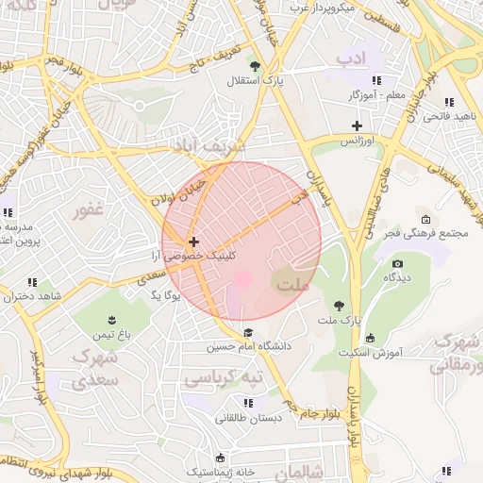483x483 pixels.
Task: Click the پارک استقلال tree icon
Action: click(x=255, y=66)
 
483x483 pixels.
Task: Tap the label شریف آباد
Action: click(x=208, y=146)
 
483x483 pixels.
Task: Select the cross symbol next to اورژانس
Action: click(x=357, y=125)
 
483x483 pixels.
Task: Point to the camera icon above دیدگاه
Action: click(x=397, y=263)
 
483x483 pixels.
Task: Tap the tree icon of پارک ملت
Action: click(x=339, y=305)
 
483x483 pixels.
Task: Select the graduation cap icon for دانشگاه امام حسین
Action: click(x=248, y=331)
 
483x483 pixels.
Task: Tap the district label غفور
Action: click(x=94, y=209)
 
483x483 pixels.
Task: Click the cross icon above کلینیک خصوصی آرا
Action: click(x=193, y=241)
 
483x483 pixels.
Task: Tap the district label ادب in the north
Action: click(x=351, y=58)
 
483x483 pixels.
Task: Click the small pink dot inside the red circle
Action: click(x=242, y=279)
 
